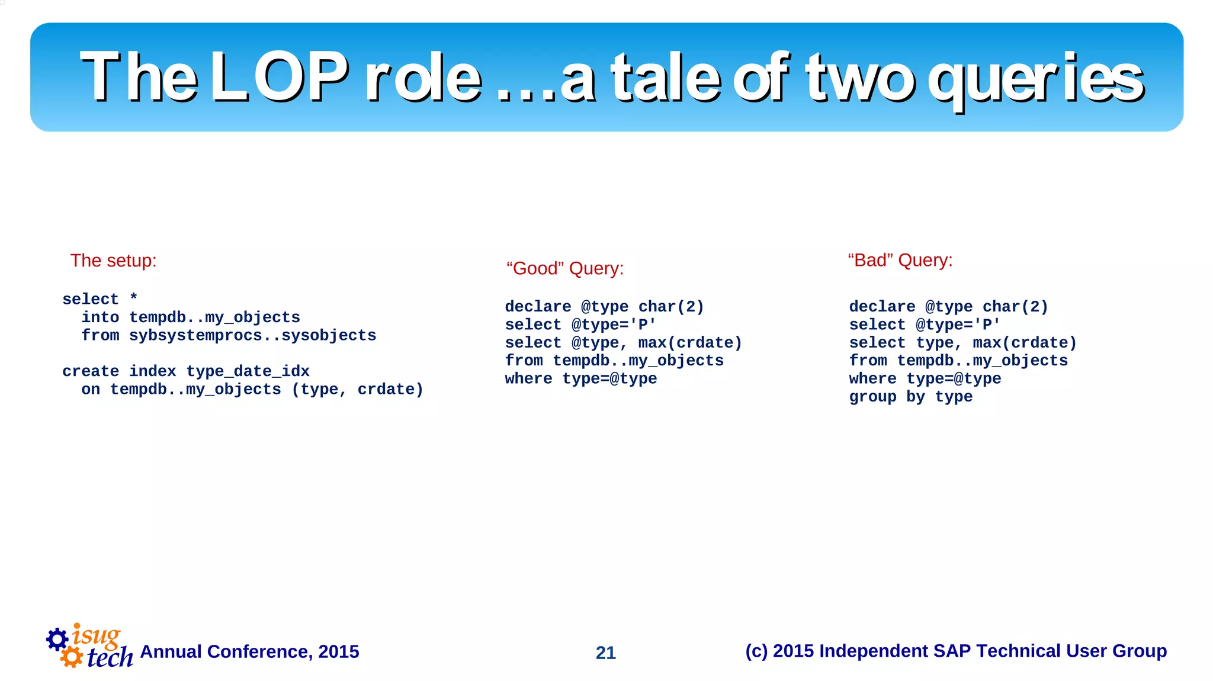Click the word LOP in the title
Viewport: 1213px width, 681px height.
(278, 77)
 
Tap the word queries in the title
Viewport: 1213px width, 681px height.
(1035, 79)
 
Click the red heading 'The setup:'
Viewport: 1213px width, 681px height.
(113, 261)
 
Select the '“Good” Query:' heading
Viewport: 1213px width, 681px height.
(565, 268)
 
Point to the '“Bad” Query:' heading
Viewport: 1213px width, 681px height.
(900, 260)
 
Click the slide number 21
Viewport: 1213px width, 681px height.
(605, 653)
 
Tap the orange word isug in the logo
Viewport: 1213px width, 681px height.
(96, 635)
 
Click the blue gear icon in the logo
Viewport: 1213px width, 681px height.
(57, 639)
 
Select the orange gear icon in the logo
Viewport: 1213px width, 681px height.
(72, 657)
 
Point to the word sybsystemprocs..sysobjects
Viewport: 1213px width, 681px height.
(252, 335)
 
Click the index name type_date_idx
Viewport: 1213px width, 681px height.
(248, 371)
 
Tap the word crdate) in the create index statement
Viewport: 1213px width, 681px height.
(390, 390)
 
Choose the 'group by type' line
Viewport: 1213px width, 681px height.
(910, 397)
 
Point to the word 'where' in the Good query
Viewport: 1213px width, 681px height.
(528, 379)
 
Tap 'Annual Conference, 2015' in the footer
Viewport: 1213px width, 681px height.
(249, 651)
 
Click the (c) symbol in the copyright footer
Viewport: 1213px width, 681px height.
(756, 651)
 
